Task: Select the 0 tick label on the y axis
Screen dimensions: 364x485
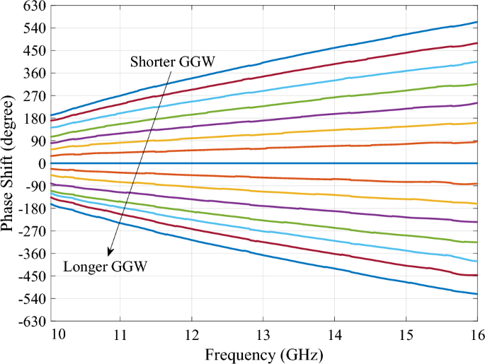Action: pos(42,163)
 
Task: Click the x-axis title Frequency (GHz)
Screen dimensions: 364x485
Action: pos(263,351)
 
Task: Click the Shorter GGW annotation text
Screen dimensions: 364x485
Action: pos(172,61)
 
